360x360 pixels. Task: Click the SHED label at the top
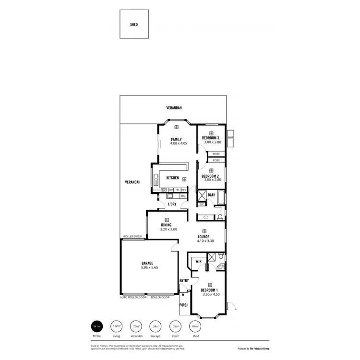[x=134, y=24]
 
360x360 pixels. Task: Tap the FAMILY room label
[x=176, y=139]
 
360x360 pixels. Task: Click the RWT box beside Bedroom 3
[x=230, y=137]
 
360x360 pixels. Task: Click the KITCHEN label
[x=172, y=178]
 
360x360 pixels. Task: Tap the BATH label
[x=212, y=195]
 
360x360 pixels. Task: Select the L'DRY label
[x=172, y=205]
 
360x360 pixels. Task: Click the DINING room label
[x=167, y=225]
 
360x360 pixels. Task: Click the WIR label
[x=198, y=262]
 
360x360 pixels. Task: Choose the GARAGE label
[x=147, y=263]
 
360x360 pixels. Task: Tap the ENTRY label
[x=184, y=281]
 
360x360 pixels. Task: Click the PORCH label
[x=183, y=304]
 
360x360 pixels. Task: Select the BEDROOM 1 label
[x=210, y=290]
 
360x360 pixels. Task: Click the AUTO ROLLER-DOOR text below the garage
[x=132, y=298]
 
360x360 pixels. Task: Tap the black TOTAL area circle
[x=97, y=326]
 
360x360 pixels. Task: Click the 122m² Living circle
[x=117, y=326]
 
